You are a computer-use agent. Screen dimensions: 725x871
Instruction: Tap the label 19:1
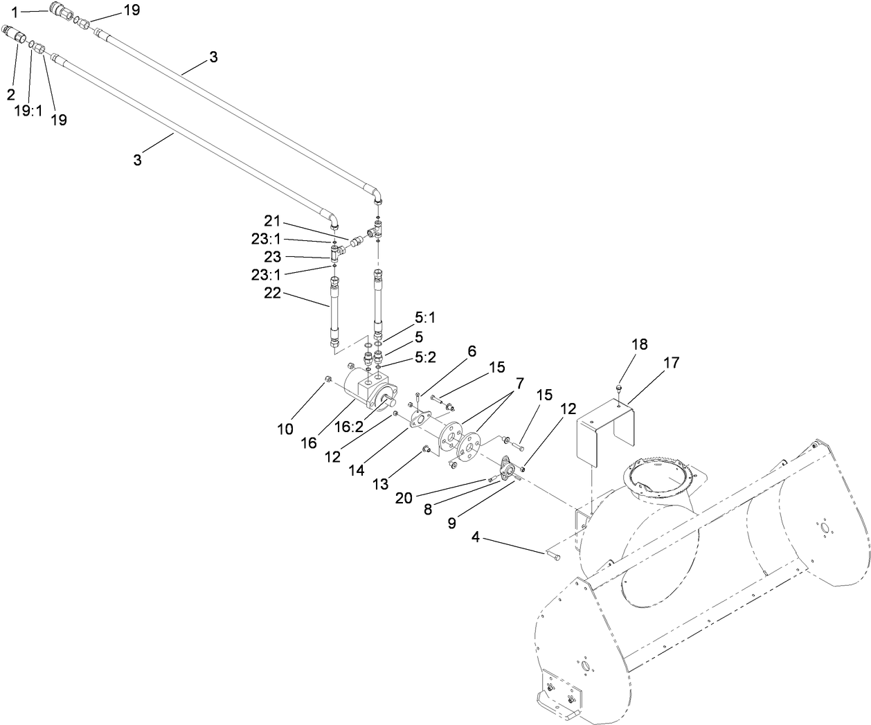[x=28, y=109]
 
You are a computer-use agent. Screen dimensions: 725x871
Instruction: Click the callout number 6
[x=472, y=351]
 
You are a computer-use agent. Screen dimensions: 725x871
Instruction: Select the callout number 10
[x=285, y=429]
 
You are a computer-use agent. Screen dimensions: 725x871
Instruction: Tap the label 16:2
[x=349, y=427]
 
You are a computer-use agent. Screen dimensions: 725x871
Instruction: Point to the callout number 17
[x=671, y=362]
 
